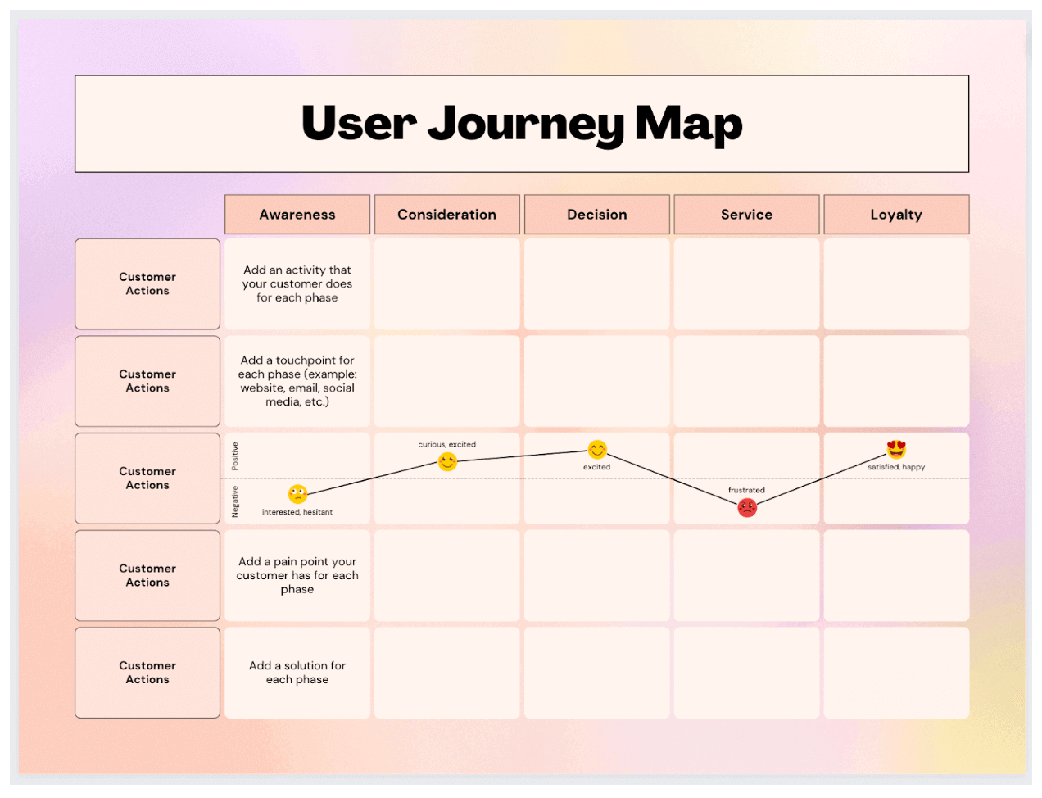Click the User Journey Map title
pyautogui.click(x=522, y=124)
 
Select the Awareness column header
pyautogui.click(x=297, y=215)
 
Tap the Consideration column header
pyautogui.click(x=446, y=215)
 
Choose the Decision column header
pyautogui.click(x=596, y=215)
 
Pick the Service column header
pyautogui.click(x=746, y=215)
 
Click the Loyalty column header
pyautogui.click(x=896, y=215)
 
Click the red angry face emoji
pyautogui.click(x=747, y=508)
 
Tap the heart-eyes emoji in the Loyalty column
pyautogui.click(x=896, y=449)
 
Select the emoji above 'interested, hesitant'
pyautogui.click(x=297, y=494)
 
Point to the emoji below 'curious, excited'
pyautogui.click(x=447, y=462)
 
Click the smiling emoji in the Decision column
pyautogui.click(x=597, y=450)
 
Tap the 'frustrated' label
pyautogui.click(x=746, y=490)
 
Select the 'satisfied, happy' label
pyautogui.click(x=896, y=467)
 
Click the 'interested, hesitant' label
pyautogui.click(x=297, y=512)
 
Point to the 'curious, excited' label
pyautogui.click(x=446, y=444)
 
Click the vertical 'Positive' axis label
pyautogui.click(x=235, y=456)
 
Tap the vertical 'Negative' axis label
pyautogui.click(x=235, y=501)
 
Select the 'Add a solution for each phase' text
pyautogui.click(x=297, y=673)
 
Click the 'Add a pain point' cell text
pyautogui.click(x=297, y=575)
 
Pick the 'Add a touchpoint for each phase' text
pyautogui.click(x=297, y=381)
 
